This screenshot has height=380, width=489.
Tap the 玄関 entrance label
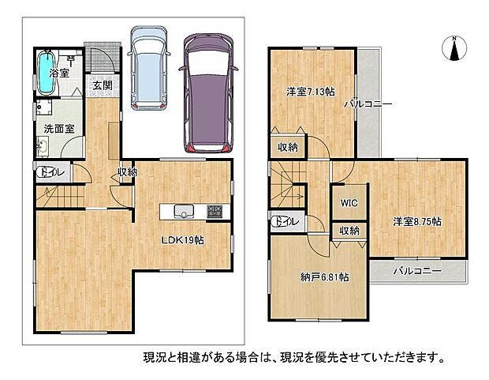[x=103, y=85]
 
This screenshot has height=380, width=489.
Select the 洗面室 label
[x=59, y=129]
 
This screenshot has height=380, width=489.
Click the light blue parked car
[x=149, y=68]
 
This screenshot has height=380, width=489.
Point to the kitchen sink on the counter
[x=184, y=212]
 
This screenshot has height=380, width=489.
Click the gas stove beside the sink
[x=215, y=211]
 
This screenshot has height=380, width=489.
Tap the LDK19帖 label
[x=182, y=240]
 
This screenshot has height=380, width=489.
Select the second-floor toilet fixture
[x=285, y=221]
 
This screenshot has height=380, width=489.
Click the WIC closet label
[x=349, y=203]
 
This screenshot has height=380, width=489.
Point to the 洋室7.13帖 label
[x=311, y=92]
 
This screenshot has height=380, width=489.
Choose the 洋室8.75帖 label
[x=416, y=221]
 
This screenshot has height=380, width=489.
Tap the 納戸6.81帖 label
[x=325, y=277]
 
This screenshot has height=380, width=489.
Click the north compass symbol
[x=454, y=48]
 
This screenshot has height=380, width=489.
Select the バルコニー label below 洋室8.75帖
[x=417, y=271]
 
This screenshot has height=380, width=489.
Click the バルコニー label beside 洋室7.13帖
[x=368, y=104]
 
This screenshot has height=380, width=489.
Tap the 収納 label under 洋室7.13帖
[x=288, y=147]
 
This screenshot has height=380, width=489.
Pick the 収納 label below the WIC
[x=349, y=231]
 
